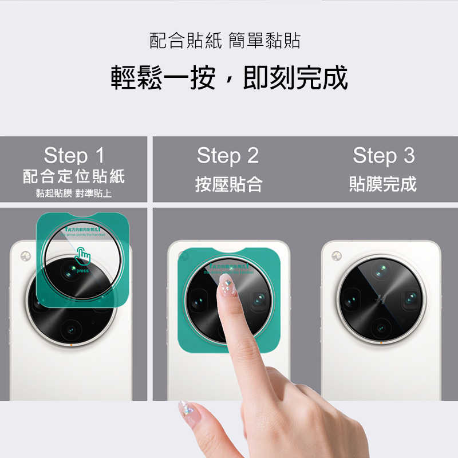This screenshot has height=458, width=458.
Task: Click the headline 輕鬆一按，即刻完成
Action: click(229, 78)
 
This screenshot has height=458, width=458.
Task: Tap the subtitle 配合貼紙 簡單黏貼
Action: click(225, 41)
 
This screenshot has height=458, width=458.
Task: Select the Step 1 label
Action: click(74, 155)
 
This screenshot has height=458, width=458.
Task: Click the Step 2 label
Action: click(228, 155)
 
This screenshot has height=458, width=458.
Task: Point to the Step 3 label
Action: click(383, 155)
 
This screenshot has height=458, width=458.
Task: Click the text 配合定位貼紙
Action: click(74, 176)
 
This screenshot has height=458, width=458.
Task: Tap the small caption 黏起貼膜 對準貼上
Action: click(74, 193)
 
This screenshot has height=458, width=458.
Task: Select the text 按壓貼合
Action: click(228, 184)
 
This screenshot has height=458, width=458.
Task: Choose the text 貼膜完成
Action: click(383, 184)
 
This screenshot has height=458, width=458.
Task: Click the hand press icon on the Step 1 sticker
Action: click(84, 256)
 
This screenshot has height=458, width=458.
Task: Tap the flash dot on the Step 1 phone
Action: click(25, 256)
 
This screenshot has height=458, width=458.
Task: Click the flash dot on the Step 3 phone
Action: click(336, 256)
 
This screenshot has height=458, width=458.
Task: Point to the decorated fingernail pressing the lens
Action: click(228, 285)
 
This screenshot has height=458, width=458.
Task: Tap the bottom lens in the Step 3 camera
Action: click(381, 329)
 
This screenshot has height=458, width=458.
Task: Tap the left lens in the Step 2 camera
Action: click(198, 299)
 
